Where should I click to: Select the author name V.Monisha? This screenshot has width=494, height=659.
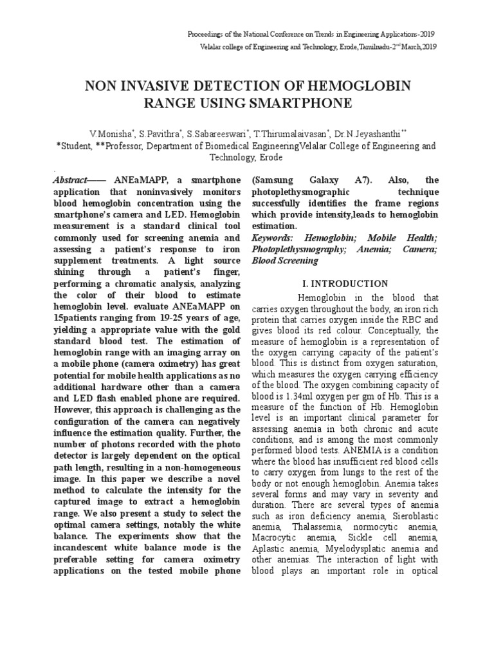point(111,134)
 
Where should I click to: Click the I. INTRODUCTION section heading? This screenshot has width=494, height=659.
point(345,283)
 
